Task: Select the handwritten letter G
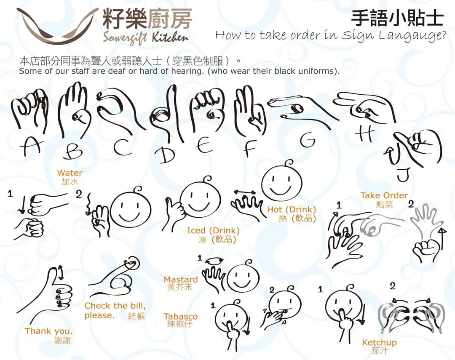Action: (308, 140)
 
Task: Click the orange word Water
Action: (70, 173)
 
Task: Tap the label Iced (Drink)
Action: (213, 231)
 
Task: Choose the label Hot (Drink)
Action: (292, 209)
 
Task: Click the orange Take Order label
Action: (384, 195)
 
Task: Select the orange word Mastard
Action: (180, 280)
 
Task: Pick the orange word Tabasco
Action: (180, 316)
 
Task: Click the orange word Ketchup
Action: (379, 343)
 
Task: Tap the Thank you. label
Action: (48, 331)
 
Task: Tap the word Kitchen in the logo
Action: (170, 37)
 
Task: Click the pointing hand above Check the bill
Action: (115, 278)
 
